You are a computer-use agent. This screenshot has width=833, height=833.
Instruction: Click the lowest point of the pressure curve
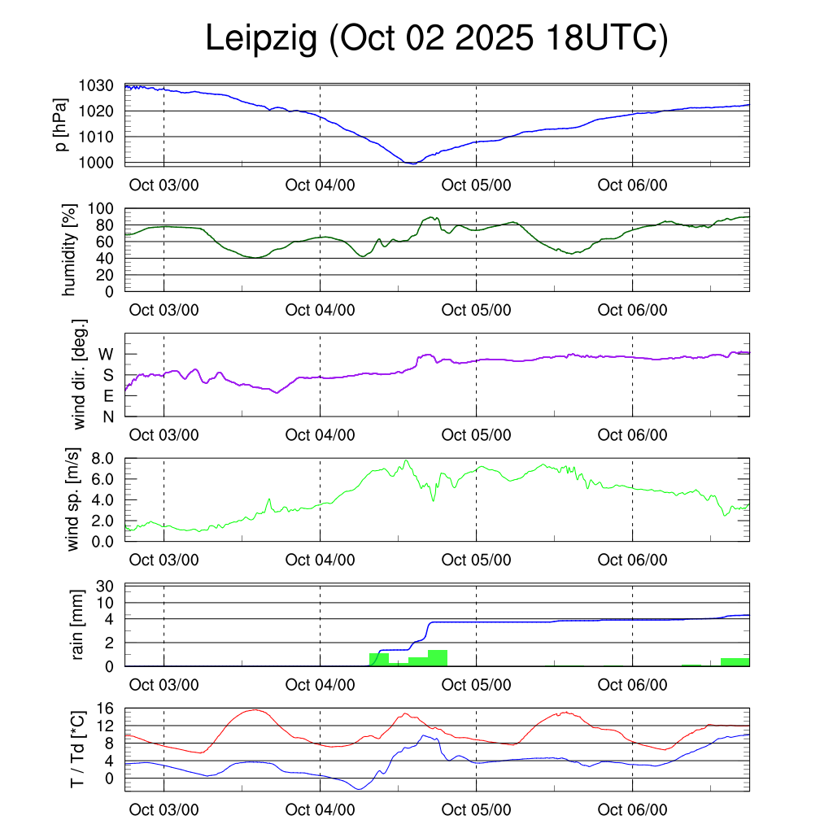click(x=412, y=164)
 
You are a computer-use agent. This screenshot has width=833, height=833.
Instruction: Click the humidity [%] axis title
click(x=70, y=250)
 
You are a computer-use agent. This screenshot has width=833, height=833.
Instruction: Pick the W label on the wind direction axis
click(x=107, y=354)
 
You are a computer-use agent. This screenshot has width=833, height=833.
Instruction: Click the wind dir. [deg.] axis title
click(x=80, y=374)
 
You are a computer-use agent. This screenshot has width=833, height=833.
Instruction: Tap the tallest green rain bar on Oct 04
click(x=438, y=657)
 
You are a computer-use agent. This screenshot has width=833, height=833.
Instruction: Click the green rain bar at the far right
click(x=735, y=661)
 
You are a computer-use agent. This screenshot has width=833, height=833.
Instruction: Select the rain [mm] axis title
click(x=79, y=625)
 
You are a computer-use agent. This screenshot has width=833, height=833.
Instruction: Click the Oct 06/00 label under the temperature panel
click(x=632, y=810)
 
